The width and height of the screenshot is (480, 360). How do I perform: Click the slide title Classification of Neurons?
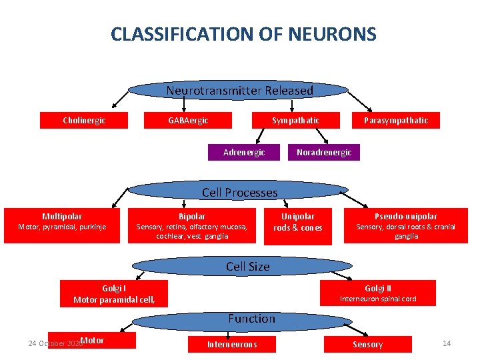(x=243, y=34)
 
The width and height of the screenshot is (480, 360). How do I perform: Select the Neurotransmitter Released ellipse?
(x=239, y=91)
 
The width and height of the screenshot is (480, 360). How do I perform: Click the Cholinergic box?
(x=84, y=120)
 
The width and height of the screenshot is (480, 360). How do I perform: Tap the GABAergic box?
(x=188, y=120)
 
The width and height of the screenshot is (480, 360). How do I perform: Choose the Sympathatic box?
(x=295, y=120)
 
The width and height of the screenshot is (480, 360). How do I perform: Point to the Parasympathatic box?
(x=396, y=120)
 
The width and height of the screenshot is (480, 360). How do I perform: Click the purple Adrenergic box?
(x=243, y=153)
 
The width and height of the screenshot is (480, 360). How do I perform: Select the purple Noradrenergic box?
(x=323, y=153)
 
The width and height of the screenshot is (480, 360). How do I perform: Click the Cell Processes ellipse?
(x=239, y=193)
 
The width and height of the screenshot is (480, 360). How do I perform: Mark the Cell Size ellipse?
(x=247, y=267)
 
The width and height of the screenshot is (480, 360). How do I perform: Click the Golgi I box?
(x=114, y=293)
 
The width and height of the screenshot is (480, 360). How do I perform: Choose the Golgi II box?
(x=378, y=293)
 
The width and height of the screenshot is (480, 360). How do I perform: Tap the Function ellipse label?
(x=251, y=319)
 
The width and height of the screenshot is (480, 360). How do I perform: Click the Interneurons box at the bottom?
(x=231, y=344)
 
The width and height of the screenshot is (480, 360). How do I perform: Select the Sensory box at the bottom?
(x=367, y=344)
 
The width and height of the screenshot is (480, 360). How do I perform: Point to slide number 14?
(x=447, y=343)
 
